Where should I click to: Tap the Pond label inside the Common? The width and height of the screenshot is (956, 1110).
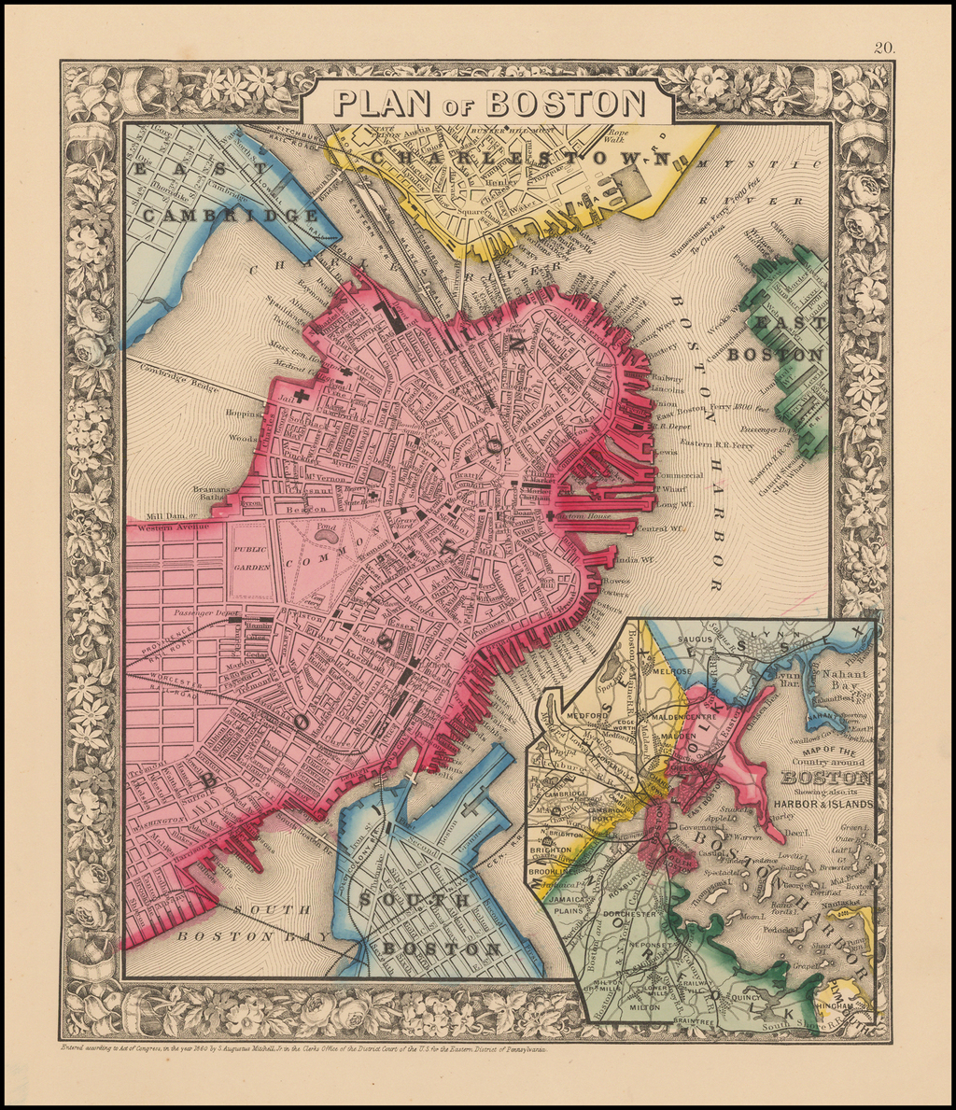326,527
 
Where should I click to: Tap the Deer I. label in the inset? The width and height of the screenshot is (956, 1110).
795,830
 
